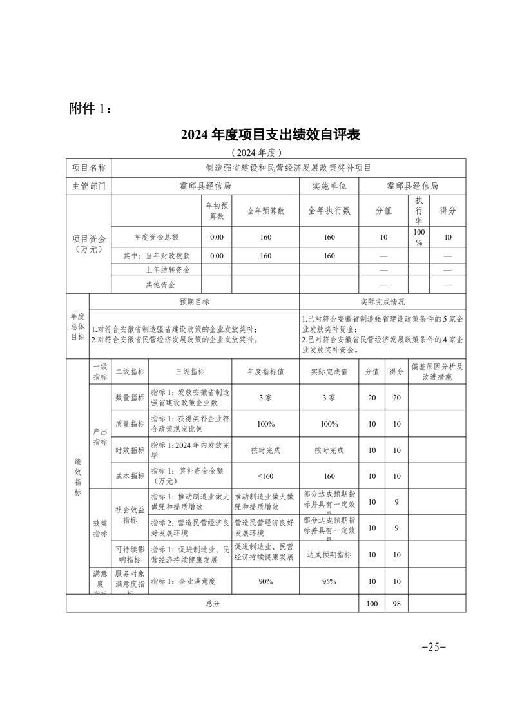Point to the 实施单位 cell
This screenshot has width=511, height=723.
pos(329,186)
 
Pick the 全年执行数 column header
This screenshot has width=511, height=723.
pos(329,210)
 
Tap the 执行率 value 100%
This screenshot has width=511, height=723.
pos(419,236)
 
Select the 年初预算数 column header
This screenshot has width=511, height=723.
pos(217,210)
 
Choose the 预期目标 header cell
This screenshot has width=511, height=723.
pos(194,301)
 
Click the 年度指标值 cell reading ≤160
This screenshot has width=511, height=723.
pos(265,476)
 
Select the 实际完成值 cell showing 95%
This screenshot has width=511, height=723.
pos(329,581)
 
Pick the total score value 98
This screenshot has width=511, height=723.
pos(397,603)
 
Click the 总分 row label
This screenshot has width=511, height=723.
pos(213,603)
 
